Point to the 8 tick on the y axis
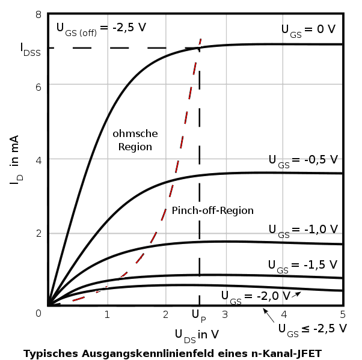38,14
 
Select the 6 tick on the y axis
38,86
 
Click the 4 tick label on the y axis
38,159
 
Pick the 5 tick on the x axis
342,314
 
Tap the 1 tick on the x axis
107,314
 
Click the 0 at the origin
38,313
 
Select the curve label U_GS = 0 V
308,30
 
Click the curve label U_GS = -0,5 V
303,160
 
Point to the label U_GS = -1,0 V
303,230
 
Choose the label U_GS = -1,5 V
303,265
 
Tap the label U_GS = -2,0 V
256,296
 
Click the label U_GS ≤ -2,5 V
312,329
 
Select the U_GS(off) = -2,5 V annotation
101,28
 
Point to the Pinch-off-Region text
212,211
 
